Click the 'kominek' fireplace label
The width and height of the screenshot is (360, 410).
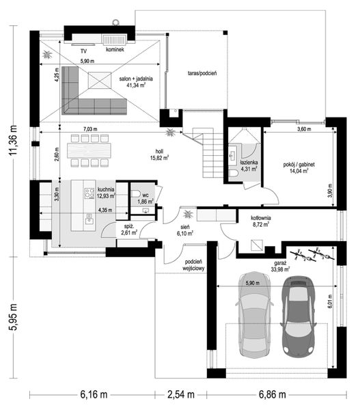pos(114,50)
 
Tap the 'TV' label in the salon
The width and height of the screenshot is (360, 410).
pos(83,51)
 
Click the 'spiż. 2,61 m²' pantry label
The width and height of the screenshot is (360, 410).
pos(128,230)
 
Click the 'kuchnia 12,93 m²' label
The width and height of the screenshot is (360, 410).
pos(105,193)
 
